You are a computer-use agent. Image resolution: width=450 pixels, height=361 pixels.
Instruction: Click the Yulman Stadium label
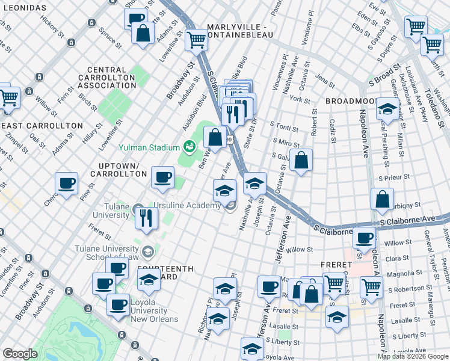click(149, 147)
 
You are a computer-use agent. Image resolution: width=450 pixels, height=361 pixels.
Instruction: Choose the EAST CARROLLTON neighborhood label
click(42, 125)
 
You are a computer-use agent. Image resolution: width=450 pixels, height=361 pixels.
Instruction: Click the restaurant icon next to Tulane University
click(145, 218)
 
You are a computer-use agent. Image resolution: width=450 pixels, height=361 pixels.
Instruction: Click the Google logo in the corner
click(20, 354)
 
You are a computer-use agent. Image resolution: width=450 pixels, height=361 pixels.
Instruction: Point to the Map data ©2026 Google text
click(413, 356)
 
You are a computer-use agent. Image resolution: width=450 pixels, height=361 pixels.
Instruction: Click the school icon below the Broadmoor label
click(388, 110)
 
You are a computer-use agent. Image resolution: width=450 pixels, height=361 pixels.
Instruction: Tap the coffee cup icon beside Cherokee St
click(66, 183)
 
